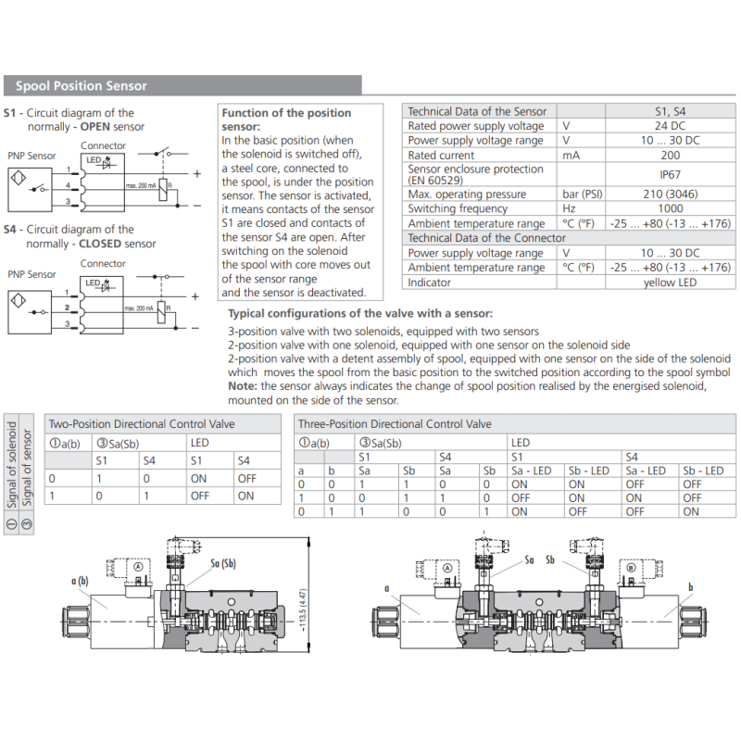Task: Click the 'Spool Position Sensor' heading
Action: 82,86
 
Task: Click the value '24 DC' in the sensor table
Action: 670,126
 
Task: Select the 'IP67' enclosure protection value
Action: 670,174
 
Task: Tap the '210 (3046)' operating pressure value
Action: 670,195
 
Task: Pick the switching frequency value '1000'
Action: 670,209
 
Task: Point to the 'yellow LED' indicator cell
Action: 670,283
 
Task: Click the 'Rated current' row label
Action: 441,156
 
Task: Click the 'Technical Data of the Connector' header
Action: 486,238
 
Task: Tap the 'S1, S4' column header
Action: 670,111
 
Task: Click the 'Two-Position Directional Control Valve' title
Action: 142,424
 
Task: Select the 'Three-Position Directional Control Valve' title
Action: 394,424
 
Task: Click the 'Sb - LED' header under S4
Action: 703,471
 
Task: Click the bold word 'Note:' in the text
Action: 242,387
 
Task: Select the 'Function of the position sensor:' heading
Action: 287,119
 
